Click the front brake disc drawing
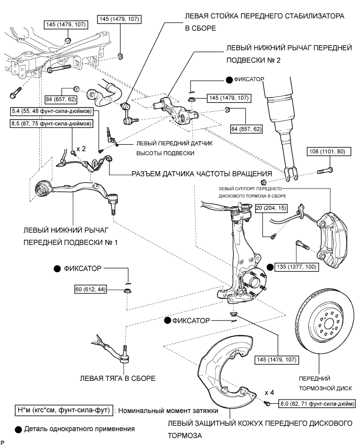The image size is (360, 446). pos(326,329)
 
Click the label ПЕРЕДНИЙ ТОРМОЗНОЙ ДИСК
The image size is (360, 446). pos(326,384)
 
